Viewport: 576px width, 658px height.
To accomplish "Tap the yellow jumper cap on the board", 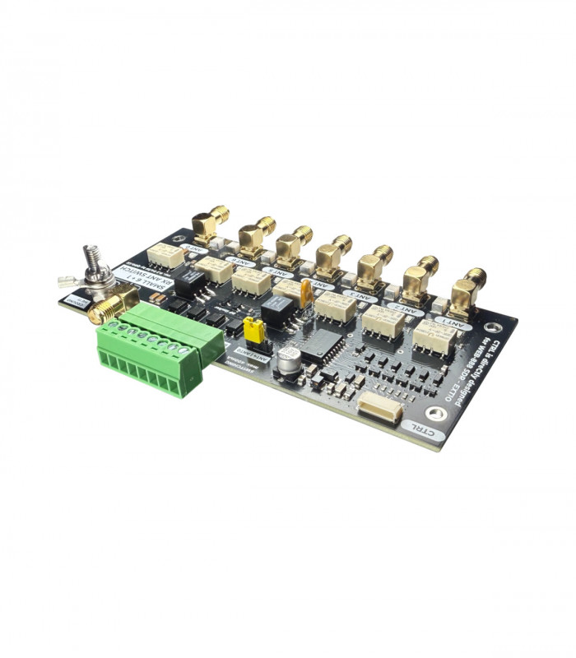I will tap(256, 331).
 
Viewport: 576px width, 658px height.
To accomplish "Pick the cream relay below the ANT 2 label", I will tap(382, 320).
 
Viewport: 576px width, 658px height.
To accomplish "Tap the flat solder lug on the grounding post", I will tap(69, 282).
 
